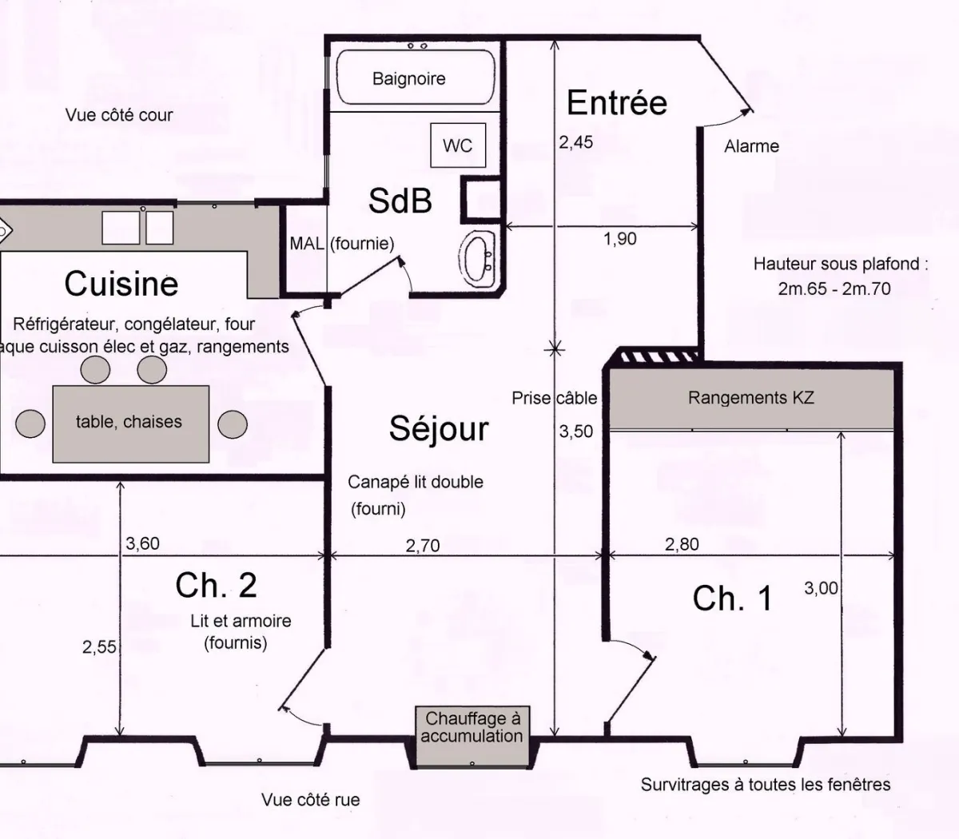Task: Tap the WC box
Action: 458,145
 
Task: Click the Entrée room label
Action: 616,102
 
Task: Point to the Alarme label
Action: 751,146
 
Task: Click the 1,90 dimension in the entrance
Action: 620,239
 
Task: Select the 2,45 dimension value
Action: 576,142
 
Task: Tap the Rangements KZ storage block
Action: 750,397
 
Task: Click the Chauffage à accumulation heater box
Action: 472,728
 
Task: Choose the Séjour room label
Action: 439,429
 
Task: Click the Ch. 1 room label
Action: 732,598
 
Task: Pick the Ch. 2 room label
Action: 216,586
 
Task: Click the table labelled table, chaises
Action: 130,423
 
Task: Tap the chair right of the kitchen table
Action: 233,423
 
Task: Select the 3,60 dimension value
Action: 143,544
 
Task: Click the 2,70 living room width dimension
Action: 423,546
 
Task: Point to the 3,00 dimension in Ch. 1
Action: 821,589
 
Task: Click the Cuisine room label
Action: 121,284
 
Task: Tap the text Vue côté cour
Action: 119,115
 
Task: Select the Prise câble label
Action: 554,398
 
